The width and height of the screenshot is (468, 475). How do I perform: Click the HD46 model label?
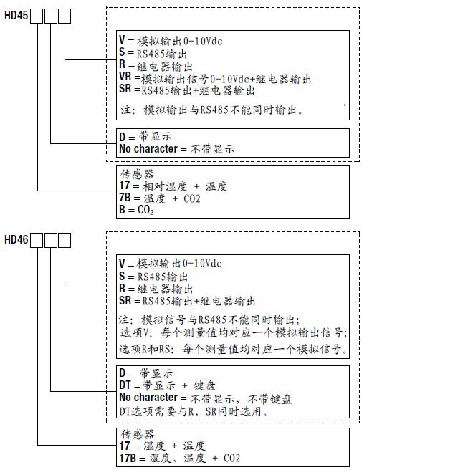(x=16, y=239)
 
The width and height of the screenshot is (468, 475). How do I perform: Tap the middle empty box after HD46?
(x=50, y=239)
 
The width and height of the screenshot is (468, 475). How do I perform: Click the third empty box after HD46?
(x=65, y=239)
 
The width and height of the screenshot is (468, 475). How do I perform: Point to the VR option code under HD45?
(x=125, y=78)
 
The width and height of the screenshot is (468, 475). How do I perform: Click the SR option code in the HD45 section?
(x=125, y=90)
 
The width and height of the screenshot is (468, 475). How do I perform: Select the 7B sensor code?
(x=125, y=198)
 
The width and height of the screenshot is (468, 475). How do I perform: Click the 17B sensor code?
(x=128, y=458)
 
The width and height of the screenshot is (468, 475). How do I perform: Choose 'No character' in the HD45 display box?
(x=148, y=148)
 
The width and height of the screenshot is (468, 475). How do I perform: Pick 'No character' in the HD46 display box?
(x=148, y=398)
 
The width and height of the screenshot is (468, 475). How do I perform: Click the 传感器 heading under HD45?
(x=136, y=174)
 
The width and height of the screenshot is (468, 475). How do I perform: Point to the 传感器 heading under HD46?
(x=136, y=434)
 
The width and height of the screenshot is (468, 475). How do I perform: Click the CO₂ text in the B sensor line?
(x=145, y=210)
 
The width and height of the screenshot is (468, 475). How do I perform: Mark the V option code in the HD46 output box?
(x=121, y=263)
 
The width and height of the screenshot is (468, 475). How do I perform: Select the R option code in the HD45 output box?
(x=121, y=65)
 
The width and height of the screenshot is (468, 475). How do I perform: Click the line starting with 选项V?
(x=233, y=333)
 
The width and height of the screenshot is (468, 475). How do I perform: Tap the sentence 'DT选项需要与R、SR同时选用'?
(x=193, y=411)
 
